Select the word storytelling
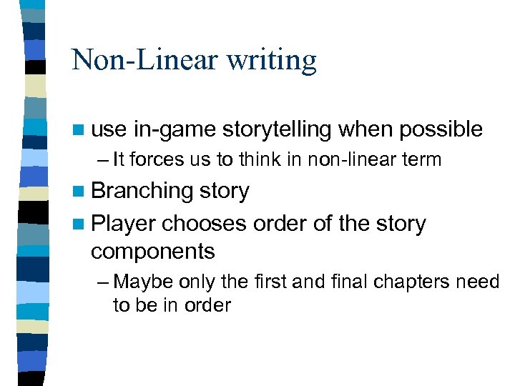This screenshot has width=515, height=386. pos(277,130)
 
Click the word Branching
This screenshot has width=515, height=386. pos(142,192)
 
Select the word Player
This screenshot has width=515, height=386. pos(123,224)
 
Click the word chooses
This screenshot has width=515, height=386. pos(205,224)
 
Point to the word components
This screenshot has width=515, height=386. pos(152,251)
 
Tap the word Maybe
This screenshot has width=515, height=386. pos(139,282)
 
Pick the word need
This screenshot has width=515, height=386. pos(480,282)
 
